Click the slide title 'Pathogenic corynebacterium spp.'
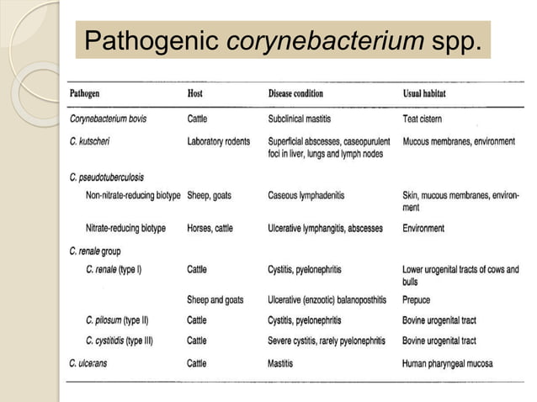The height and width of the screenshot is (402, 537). [284, 40]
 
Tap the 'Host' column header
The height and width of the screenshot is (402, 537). [194, 93]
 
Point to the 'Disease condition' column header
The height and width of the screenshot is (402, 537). [295, 93]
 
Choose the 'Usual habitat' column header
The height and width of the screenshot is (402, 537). [430, 93]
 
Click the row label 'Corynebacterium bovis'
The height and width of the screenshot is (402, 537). [108, 119]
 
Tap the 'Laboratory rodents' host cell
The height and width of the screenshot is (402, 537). [218, 141]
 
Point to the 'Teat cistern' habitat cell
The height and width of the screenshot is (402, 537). [423, 119]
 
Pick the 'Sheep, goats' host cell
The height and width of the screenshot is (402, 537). [210, 195]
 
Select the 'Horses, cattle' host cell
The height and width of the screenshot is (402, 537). [212, 228]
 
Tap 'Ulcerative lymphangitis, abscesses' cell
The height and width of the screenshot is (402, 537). [325, 228]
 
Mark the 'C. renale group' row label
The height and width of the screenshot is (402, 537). [96, 250]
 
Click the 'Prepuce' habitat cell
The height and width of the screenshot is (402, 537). [417, 299]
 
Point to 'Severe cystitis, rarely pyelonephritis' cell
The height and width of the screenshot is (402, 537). [327, 341]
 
